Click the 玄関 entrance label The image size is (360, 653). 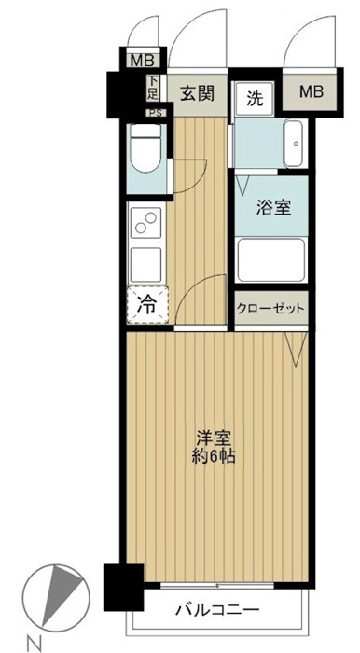click(197, 92)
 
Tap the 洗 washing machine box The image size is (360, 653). click(254, 98)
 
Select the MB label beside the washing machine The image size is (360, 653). click(312, 91)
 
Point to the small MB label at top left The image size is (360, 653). click(143, 62)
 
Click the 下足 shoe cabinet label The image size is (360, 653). click(152, 88)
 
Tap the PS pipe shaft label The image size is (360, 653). click(156, 113)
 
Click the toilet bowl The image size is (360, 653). click(145, 148)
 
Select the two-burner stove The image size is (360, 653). click(145, 222)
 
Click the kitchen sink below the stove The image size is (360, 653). click(145, 265)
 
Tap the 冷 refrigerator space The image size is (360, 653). click(147, 305)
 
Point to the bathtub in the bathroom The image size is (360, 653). click(271, 260)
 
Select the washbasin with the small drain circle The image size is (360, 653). click(296, 144)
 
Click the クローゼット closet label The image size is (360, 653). click(271, 309)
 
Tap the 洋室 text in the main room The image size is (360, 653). click(214, 439)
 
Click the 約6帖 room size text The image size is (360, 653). click(214, 457)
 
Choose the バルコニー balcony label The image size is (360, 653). click(217, 610)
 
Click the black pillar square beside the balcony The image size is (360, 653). click(124, 587)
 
